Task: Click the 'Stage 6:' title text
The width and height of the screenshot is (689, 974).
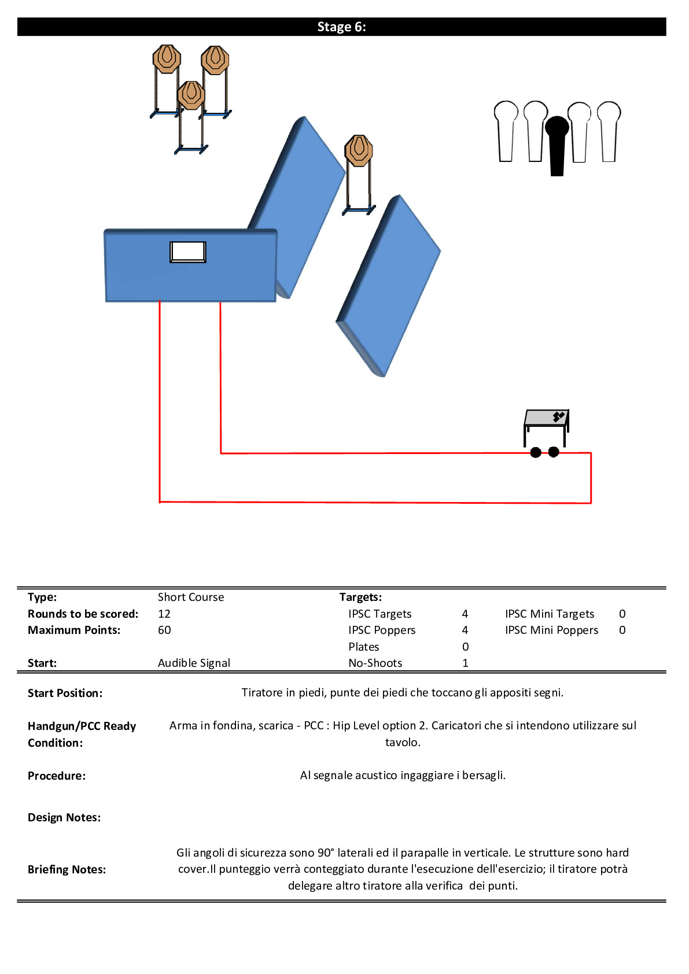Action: tap(341, 27)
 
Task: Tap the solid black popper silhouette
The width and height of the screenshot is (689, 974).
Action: tap(557, 146)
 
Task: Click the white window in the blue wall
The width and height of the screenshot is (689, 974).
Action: tap(188, 252)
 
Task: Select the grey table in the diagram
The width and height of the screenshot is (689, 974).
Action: tap(547, 427)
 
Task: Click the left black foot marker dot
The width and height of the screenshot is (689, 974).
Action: tap(536, 453)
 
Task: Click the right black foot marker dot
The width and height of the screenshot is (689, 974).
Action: tap(554, 452)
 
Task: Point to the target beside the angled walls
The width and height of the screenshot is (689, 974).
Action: tap(359, 175)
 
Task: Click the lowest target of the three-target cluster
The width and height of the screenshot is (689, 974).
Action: tap(191, 117)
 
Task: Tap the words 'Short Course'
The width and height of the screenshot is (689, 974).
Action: tap(191, 597)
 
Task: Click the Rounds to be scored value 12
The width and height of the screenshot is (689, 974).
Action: tap(164, 614)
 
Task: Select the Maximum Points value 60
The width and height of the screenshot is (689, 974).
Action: tap(164, 630)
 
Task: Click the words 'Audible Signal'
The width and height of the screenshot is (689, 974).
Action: tap(194, 663)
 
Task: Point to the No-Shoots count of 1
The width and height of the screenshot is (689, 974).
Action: tap(465, 663)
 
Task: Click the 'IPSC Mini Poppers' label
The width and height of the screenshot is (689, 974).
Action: tap(551, 630)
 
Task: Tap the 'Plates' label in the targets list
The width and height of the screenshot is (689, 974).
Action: tap(364, 647)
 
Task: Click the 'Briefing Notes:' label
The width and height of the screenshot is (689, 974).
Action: tap(67, 869)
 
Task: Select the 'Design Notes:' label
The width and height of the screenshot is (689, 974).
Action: tap(64, 817)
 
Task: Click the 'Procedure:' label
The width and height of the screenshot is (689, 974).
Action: tap(57, 776)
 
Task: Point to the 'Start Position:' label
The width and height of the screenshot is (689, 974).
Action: tap(65, 693)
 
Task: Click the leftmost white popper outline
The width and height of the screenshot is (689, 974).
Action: tap(506, 131)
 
